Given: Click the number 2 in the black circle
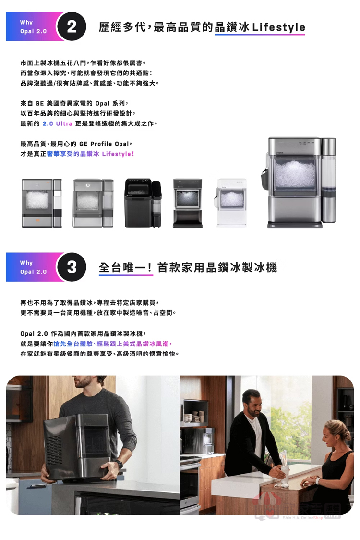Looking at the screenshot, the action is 72,26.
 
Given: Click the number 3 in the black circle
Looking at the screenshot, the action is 72,267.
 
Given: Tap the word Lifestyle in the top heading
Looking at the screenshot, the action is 278,27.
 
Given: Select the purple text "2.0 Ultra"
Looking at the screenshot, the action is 57,123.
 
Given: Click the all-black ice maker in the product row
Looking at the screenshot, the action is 143,203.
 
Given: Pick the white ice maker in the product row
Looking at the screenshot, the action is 232,203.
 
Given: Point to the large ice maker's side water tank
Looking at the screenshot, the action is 328,180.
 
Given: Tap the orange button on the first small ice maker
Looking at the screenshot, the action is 38,220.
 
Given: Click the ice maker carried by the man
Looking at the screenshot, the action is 77,447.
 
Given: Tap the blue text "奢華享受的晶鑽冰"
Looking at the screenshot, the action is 73,154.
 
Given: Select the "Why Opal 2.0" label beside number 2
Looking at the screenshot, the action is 33,26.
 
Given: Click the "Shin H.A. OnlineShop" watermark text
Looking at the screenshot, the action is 303,518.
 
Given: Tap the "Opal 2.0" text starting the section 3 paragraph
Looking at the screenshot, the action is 34,334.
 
